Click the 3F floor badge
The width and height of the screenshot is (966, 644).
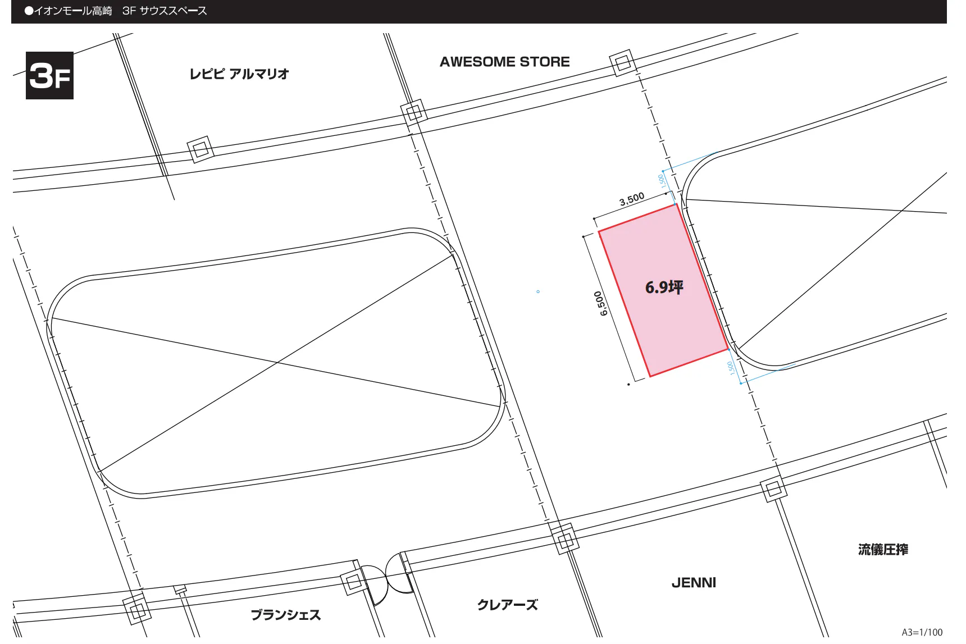(49, 75)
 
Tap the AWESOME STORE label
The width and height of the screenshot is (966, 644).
(504, 62)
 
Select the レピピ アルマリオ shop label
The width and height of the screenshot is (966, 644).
(239, 74)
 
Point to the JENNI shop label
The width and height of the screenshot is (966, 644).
(694, 583)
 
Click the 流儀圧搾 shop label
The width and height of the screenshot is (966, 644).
(882, 550)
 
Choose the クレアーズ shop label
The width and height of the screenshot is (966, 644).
(507, 605)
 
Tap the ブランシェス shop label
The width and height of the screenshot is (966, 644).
(285, 615)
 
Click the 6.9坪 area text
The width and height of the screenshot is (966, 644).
(664, 287)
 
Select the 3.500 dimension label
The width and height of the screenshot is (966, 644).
(632, 199)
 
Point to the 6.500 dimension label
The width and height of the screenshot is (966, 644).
(601, 303)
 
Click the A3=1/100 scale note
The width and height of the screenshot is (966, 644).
(922, 632)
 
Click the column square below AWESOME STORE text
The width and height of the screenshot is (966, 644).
(414, 113)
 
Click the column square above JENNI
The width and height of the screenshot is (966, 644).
(565, 540)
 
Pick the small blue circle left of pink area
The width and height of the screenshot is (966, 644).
(538, 291)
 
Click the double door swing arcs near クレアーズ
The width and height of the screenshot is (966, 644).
(387, 578)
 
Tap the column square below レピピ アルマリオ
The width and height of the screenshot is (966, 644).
(200, 150)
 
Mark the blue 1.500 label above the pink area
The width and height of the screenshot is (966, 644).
(662, 181)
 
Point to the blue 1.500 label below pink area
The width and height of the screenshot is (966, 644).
(731, 368)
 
